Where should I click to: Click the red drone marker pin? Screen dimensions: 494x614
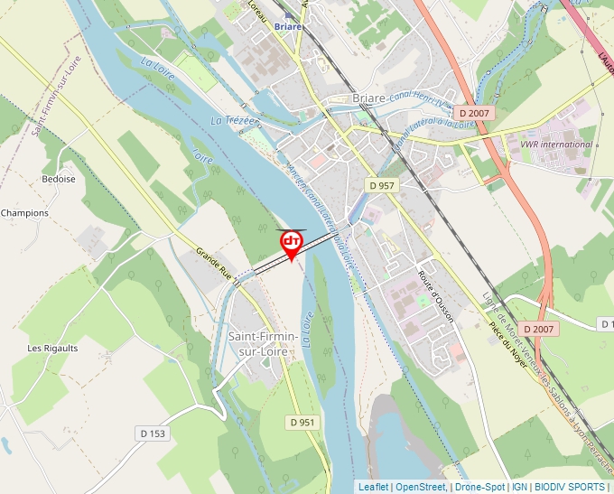(x=292, y=243)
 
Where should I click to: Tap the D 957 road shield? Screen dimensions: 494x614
(x=383, y=184)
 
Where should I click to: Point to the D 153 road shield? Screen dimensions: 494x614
(x=153, y=433)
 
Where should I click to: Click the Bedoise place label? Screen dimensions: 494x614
(x=58, y=179)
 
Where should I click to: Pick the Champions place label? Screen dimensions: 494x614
(x=25, y=213)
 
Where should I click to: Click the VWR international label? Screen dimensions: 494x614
(x=557, y=144)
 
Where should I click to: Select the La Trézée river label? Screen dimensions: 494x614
(x=235, y=120)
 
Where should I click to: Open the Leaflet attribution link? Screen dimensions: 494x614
(x=374, y=487)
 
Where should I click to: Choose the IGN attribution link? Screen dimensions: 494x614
(x=519, y=487)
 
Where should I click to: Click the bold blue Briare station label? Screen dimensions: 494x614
(x=288, y=27)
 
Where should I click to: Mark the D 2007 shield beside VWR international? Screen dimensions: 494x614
(x=473, y=113)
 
